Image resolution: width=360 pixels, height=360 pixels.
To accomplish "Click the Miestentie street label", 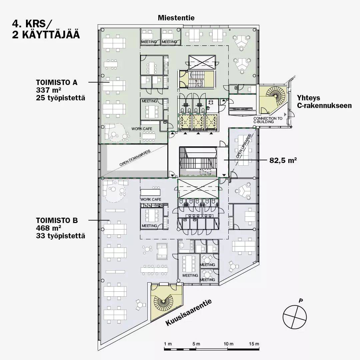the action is coord(176,18).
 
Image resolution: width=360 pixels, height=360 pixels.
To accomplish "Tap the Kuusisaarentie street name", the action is coord(188,312).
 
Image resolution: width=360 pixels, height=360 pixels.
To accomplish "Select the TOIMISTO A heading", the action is coord(57,82).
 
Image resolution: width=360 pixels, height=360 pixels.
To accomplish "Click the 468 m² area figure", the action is coord(48,228).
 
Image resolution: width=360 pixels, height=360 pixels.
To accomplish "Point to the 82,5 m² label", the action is coord(283,160).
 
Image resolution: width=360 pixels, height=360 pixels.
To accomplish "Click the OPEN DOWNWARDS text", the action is coord(135,158).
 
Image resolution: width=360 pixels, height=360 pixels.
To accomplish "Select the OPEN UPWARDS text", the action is coord(244,146).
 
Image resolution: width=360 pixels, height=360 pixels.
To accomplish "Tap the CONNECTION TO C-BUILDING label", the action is coord(268,120).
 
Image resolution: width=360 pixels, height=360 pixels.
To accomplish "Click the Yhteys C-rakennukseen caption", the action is coord(324,101).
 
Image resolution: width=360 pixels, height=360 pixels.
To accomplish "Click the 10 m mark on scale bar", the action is coord(228,344).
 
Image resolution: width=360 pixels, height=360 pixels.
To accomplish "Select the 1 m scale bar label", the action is coord(168,344).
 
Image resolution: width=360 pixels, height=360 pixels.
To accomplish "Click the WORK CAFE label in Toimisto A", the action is coord(142,129).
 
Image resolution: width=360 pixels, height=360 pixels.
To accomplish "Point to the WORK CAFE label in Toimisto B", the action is coord(151,199).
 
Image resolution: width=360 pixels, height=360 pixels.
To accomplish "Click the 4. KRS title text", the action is coord(32,24).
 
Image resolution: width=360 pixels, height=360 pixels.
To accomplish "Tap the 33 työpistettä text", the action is coord(60,236).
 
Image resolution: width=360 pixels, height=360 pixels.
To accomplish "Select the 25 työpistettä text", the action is coord(60,98).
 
